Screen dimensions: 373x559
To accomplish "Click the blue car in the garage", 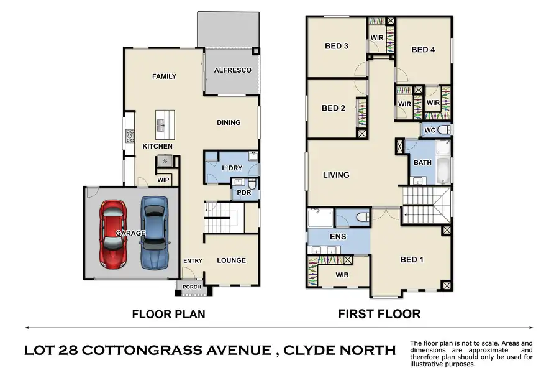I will (x=154, y=232).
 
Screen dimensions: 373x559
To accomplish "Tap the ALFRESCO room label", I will (x=232, y=70).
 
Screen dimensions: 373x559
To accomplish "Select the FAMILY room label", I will (x=165, y=76).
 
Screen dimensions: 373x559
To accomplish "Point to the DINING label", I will (x=229, y=122).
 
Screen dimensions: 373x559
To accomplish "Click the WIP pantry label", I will (x=163, y=180).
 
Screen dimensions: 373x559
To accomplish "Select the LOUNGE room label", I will (x=231, y=260).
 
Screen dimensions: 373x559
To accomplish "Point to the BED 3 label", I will (x=336, y=45).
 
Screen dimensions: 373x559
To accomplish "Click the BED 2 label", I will (x=334, y=108).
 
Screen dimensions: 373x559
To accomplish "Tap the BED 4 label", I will (x=423, y=50).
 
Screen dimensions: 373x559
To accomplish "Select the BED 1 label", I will (x=411, y=260).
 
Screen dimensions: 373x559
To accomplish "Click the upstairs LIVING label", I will (x=336, y=175).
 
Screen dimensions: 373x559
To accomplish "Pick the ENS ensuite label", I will (x=338, y=237).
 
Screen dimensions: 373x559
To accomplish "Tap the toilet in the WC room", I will (x=443, y=130).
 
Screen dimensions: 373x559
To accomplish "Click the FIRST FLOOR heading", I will (x=379, y=314).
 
